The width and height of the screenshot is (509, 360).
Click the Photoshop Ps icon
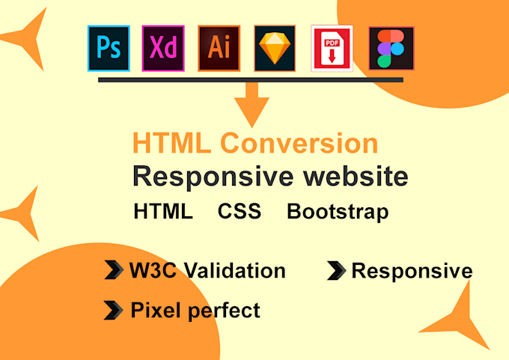109,48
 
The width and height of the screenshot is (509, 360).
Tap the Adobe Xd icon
164,48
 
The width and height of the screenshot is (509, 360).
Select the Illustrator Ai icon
219,48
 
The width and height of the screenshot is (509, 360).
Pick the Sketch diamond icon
275,48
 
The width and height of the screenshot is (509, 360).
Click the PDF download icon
332,49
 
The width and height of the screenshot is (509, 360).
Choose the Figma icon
391,48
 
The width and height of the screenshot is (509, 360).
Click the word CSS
240,212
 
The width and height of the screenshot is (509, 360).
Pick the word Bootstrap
338,212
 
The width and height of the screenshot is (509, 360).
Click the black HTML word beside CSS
163,212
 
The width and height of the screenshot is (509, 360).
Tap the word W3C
154,270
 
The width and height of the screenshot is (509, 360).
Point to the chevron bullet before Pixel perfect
113,309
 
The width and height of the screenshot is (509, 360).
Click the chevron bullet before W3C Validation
113,270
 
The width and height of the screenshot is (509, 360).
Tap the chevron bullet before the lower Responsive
336,271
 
